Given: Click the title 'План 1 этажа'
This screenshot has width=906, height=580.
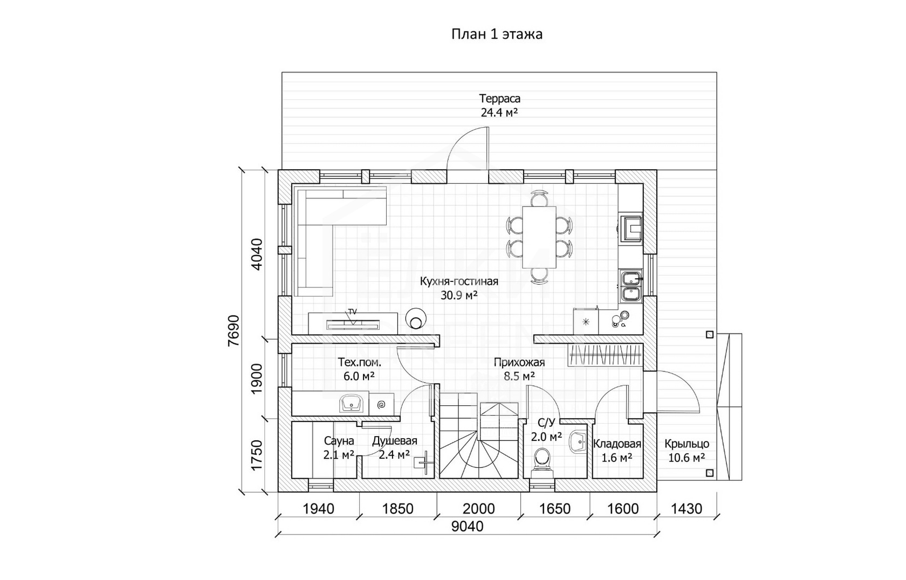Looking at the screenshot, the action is coord(497,34).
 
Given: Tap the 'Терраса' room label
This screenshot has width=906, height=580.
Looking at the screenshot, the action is coord(499,99).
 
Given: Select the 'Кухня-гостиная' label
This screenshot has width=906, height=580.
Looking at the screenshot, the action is coord(458,281).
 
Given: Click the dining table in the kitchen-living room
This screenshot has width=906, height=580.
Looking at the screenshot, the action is coord(539,237).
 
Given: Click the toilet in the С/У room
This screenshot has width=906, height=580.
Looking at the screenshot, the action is coord(542,460).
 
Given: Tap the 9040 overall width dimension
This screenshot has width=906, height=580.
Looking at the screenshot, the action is coord(467,526).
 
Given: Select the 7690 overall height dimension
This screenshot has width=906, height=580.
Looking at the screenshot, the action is coord(234,331).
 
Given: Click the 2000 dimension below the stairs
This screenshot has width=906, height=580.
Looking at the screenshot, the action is coord(478,508).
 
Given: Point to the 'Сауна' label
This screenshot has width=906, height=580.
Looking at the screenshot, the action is coord(339,440).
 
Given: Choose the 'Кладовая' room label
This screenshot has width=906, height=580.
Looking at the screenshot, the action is coord(617,444).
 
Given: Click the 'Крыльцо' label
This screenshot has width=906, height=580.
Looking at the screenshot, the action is coord(687,444).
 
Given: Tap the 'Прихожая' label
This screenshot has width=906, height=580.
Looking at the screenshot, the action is coord(519,363).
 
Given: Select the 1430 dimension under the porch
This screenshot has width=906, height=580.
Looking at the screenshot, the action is coord(687,508).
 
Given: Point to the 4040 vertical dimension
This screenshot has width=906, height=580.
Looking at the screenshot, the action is coord(257,254).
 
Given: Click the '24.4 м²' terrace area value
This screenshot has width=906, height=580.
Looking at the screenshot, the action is coord(499,113).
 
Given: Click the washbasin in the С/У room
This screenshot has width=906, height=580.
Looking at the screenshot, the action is coord(578,442).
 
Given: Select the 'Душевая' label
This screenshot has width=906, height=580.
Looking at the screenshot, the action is coord(395,440).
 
